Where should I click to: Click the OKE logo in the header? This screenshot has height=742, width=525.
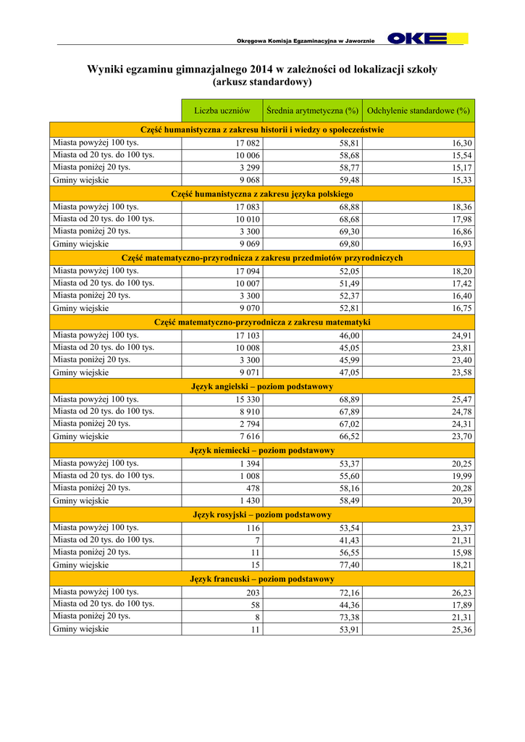[x=427, y=38]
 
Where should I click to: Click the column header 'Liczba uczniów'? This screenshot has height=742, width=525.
[x=222, y=111]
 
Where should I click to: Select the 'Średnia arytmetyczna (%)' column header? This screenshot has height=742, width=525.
[x=312, y=111]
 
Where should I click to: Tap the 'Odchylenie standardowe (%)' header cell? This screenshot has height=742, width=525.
[x=419, y=111]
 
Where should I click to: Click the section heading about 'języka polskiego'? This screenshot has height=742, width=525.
[x=262, y=194]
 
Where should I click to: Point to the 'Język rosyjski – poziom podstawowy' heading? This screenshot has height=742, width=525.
[x=262, y=514]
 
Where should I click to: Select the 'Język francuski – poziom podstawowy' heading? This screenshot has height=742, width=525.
[x=262, y=579]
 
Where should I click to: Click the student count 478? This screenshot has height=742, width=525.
[x=253, y=488]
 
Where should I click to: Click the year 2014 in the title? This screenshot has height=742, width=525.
[x=262, y=70]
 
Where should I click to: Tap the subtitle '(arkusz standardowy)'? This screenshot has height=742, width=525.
[x=262, y=82]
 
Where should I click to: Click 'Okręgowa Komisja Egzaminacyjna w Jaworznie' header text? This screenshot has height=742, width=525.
[x=306, y=41]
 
